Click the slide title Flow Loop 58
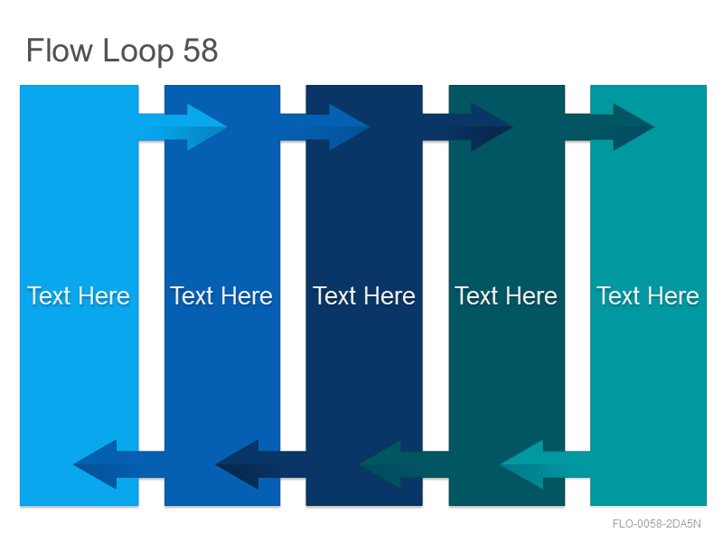tap(122, 51)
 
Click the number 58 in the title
tap(200, 51)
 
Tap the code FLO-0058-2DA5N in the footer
tap(657, 524)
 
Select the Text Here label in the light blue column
tap(79, 296)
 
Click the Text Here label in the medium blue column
tap(221, 296)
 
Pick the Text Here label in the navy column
tap(364, 296)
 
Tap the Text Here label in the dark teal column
tap(506, 296)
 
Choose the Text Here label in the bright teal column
tap(648, 296)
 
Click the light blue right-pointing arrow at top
tap(183, 126)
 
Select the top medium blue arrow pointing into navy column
tap(325, 126)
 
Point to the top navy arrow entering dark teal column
tap(467, 126)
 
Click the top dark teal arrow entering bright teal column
tap(609, 126)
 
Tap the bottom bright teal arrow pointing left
tap(546, 464)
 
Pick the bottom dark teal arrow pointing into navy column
tap(404, 464)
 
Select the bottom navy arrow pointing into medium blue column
tap(260, 464)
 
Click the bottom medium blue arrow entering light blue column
tap(119, 464)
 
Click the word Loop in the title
tap(138, 51)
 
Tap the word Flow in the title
tap(60, 51)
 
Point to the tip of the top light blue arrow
tap(228, 126)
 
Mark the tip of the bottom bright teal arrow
tap(501, 464)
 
